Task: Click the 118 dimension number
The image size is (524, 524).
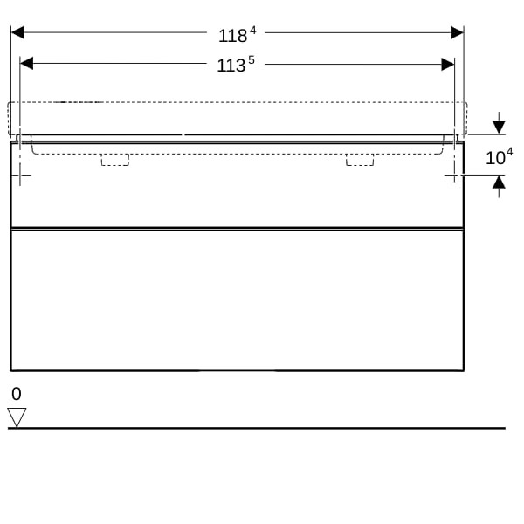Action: coord(232,36)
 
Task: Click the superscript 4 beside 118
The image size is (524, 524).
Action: coord(253,31)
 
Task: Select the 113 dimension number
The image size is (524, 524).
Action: coord(231,65)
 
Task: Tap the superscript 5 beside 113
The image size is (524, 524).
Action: coord(252,60)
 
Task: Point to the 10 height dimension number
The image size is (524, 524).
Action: coord(495,158)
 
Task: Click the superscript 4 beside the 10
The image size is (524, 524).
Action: coord(509,152)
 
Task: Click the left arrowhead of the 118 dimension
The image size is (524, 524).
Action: coord(17,32)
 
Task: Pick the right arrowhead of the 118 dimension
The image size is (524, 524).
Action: coord(457,32)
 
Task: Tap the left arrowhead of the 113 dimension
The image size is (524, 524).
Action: coord(26,64)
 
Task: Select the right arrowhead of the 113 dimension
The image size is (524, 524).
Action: coord(448,64)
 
